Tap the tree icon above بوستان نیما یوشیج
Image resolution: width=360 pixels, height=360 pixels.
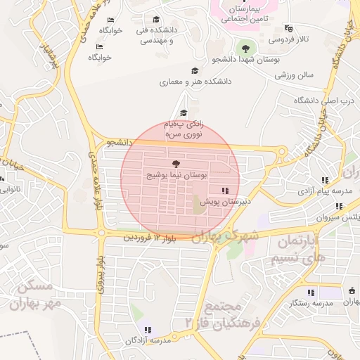point(176,162)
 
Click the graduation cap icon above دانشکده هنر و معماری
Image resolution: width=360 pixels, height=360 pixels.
point(195,70)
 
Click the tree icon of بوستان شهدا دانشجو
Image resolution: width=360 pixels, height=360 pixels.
point(245,49)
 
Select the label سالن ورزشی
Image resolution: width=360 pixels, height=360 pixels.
point(292,75)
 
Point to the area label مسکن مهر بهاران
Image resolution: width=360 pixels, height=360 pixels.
point(32,294)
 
